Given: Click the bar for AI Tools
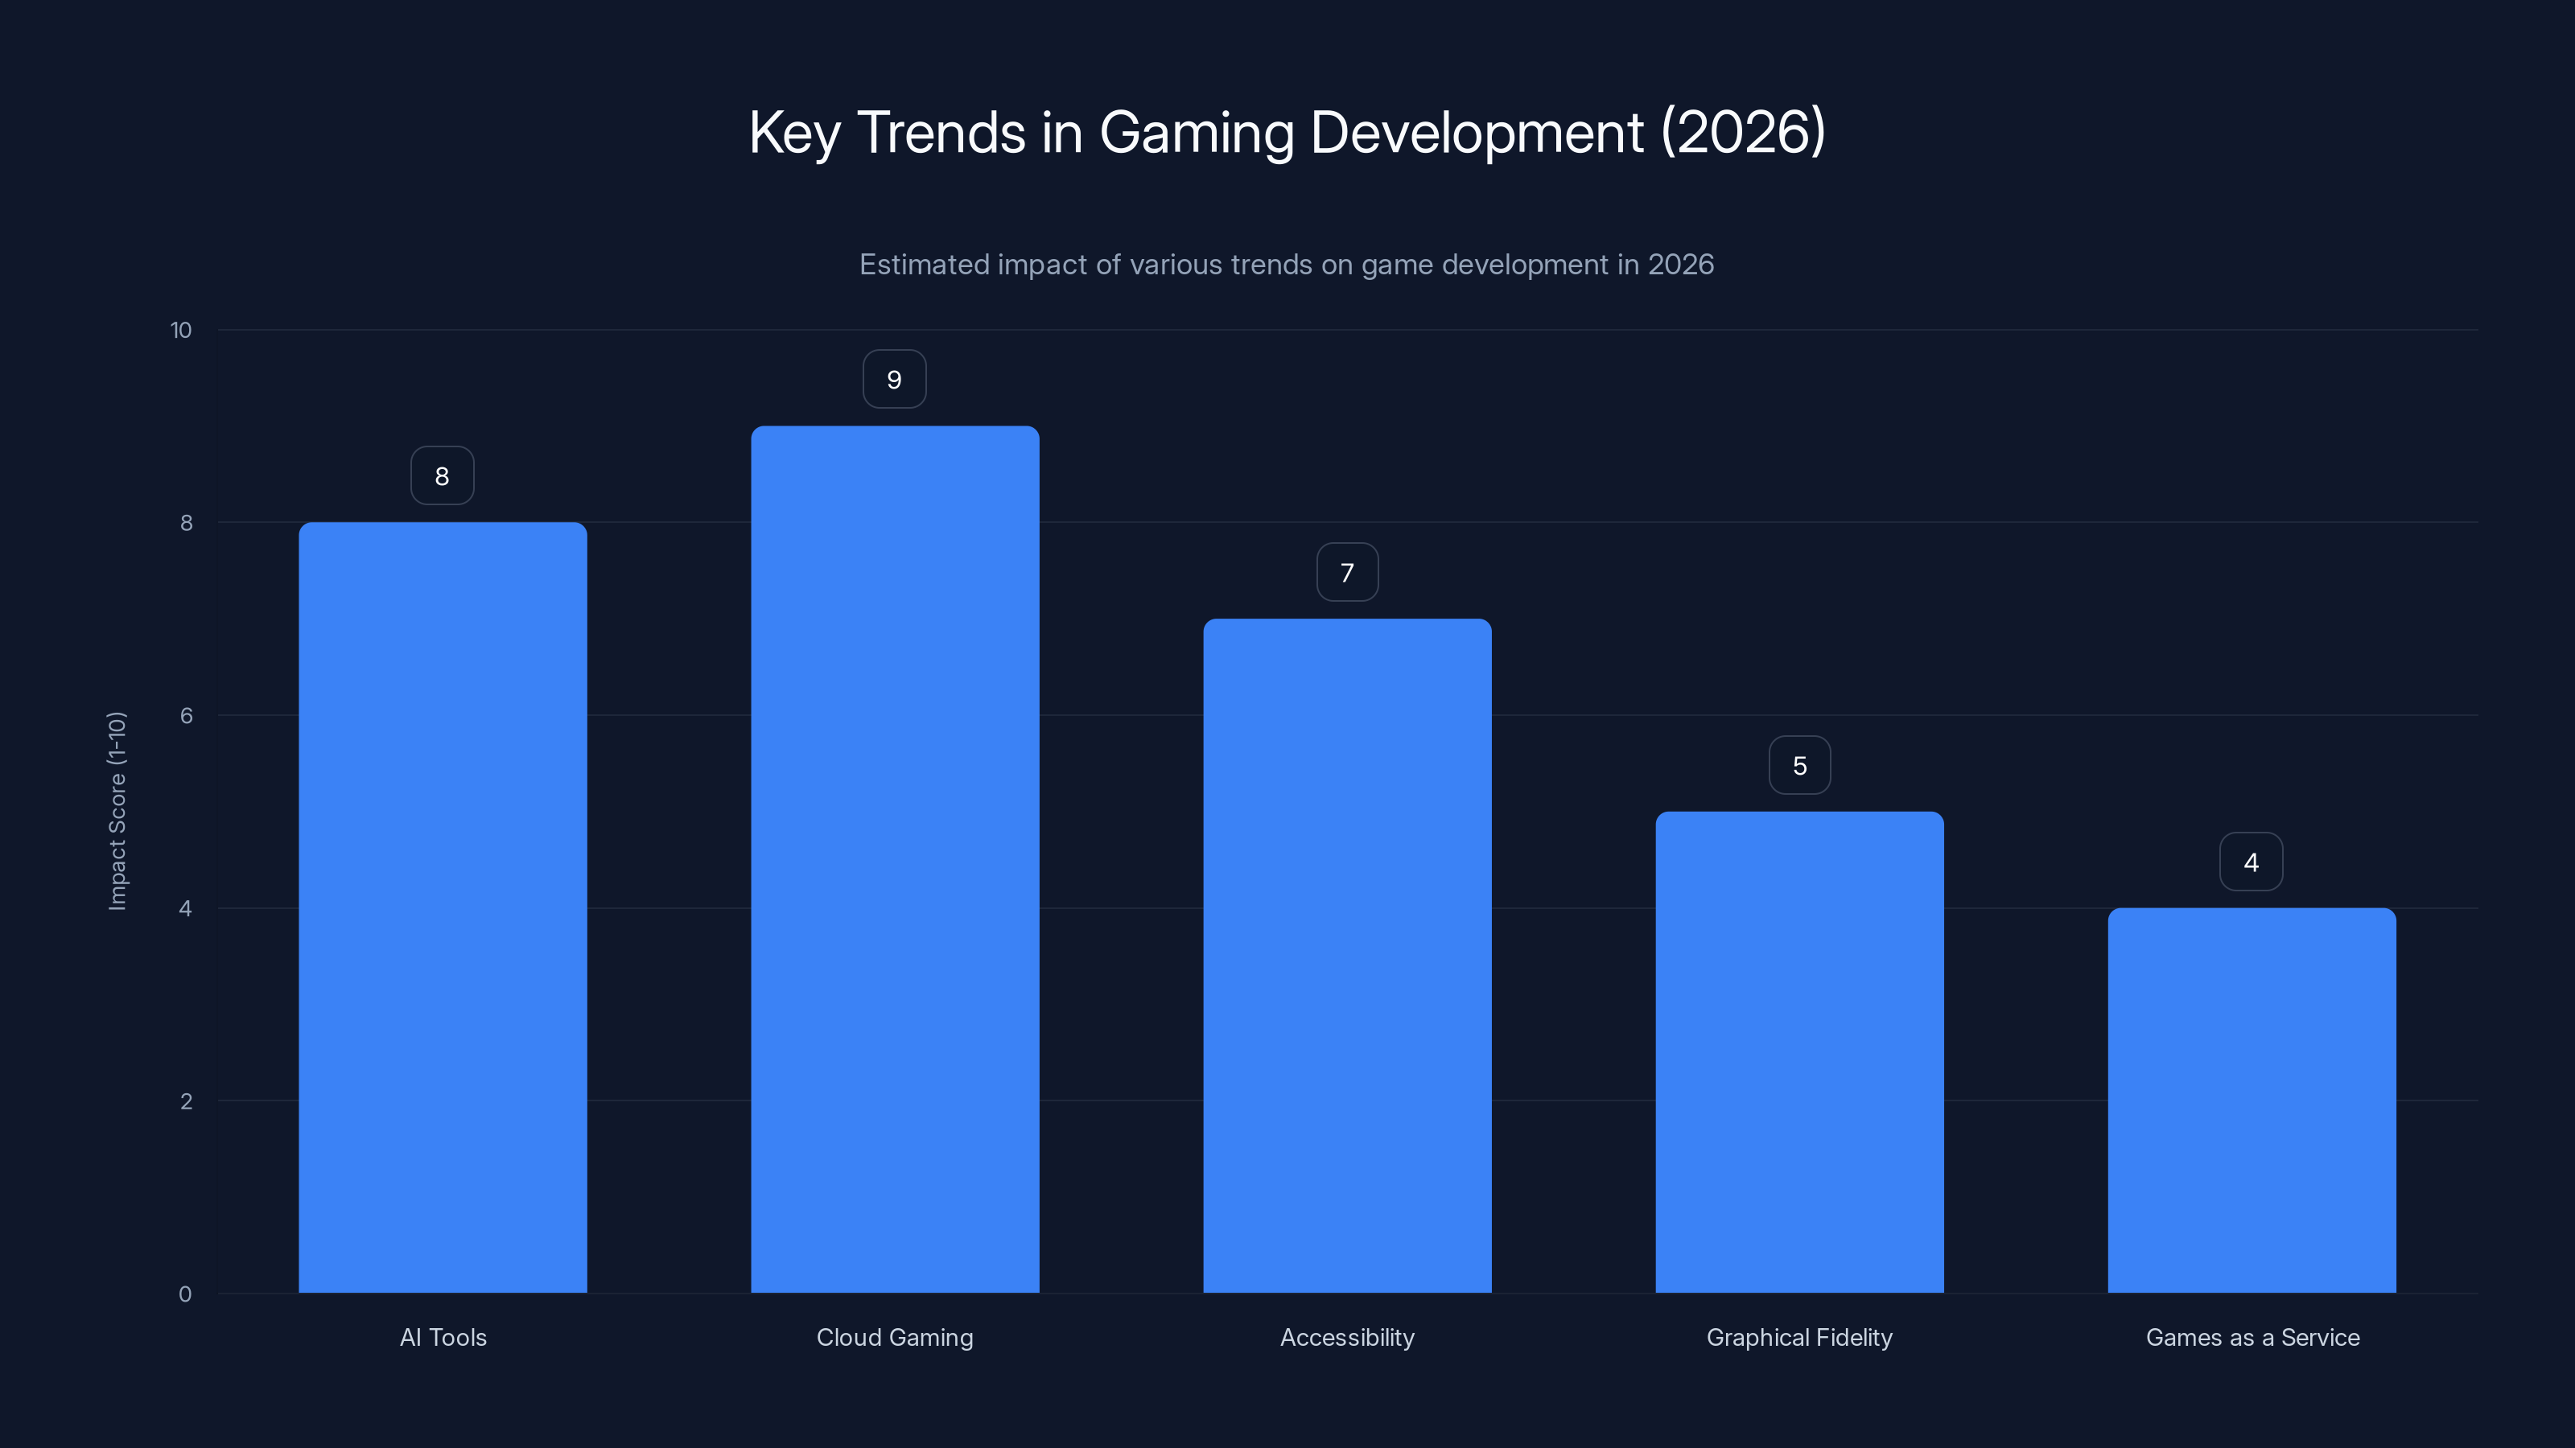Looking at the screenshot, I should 443,907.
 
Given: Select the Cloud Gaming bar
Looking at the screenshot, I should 895,859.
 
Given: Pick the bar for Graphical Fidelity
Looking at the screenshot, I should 1799,1051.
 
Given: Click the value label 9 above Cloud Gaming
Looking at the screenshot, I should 895,380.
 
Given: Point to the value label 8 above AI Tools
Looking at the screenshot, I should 442,475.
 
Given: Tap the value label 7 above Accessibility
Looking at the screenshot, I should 1346,573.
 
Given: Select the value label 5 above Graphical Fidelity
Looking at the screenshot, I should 1799,766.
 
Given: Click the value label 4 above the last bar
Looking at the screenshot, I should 2252,862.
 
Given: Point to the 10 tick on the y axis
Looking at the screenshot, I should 181,330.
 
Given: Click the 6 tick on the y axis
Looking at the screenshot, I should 186,715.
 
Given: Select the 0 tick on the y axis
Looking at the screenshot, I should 185,1294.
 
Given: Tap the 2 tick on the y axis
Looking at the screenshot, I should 186,1101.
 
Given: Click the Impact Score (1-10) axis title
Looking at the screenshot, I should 117,810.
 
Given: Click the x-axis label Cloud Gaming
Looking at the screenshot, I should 895,1337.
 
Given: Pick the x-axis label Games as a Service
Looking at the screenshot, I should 2252,1337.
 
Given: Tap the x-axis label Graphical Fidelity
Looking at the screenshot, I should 1799,1337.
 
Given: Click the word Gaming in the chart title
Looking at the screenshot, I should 1196,133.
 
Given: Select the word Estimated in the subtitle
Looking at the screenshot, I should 924,265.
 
